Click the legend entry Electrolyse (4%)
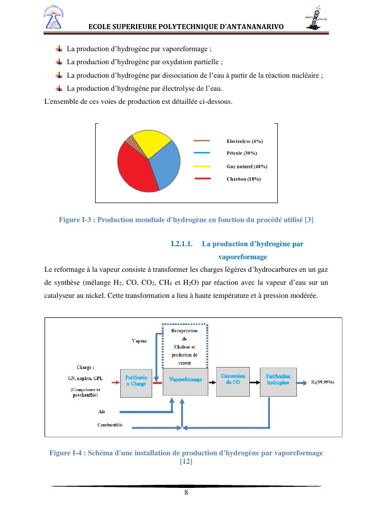coord(244,141)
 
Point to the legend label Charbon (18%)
coord(243,179)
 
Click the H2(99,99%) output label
coord(323,382)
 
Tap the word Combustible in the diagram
coord(110,425)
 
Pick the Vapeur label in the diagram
coord(139,341)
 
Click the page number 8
coord(186,492)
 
